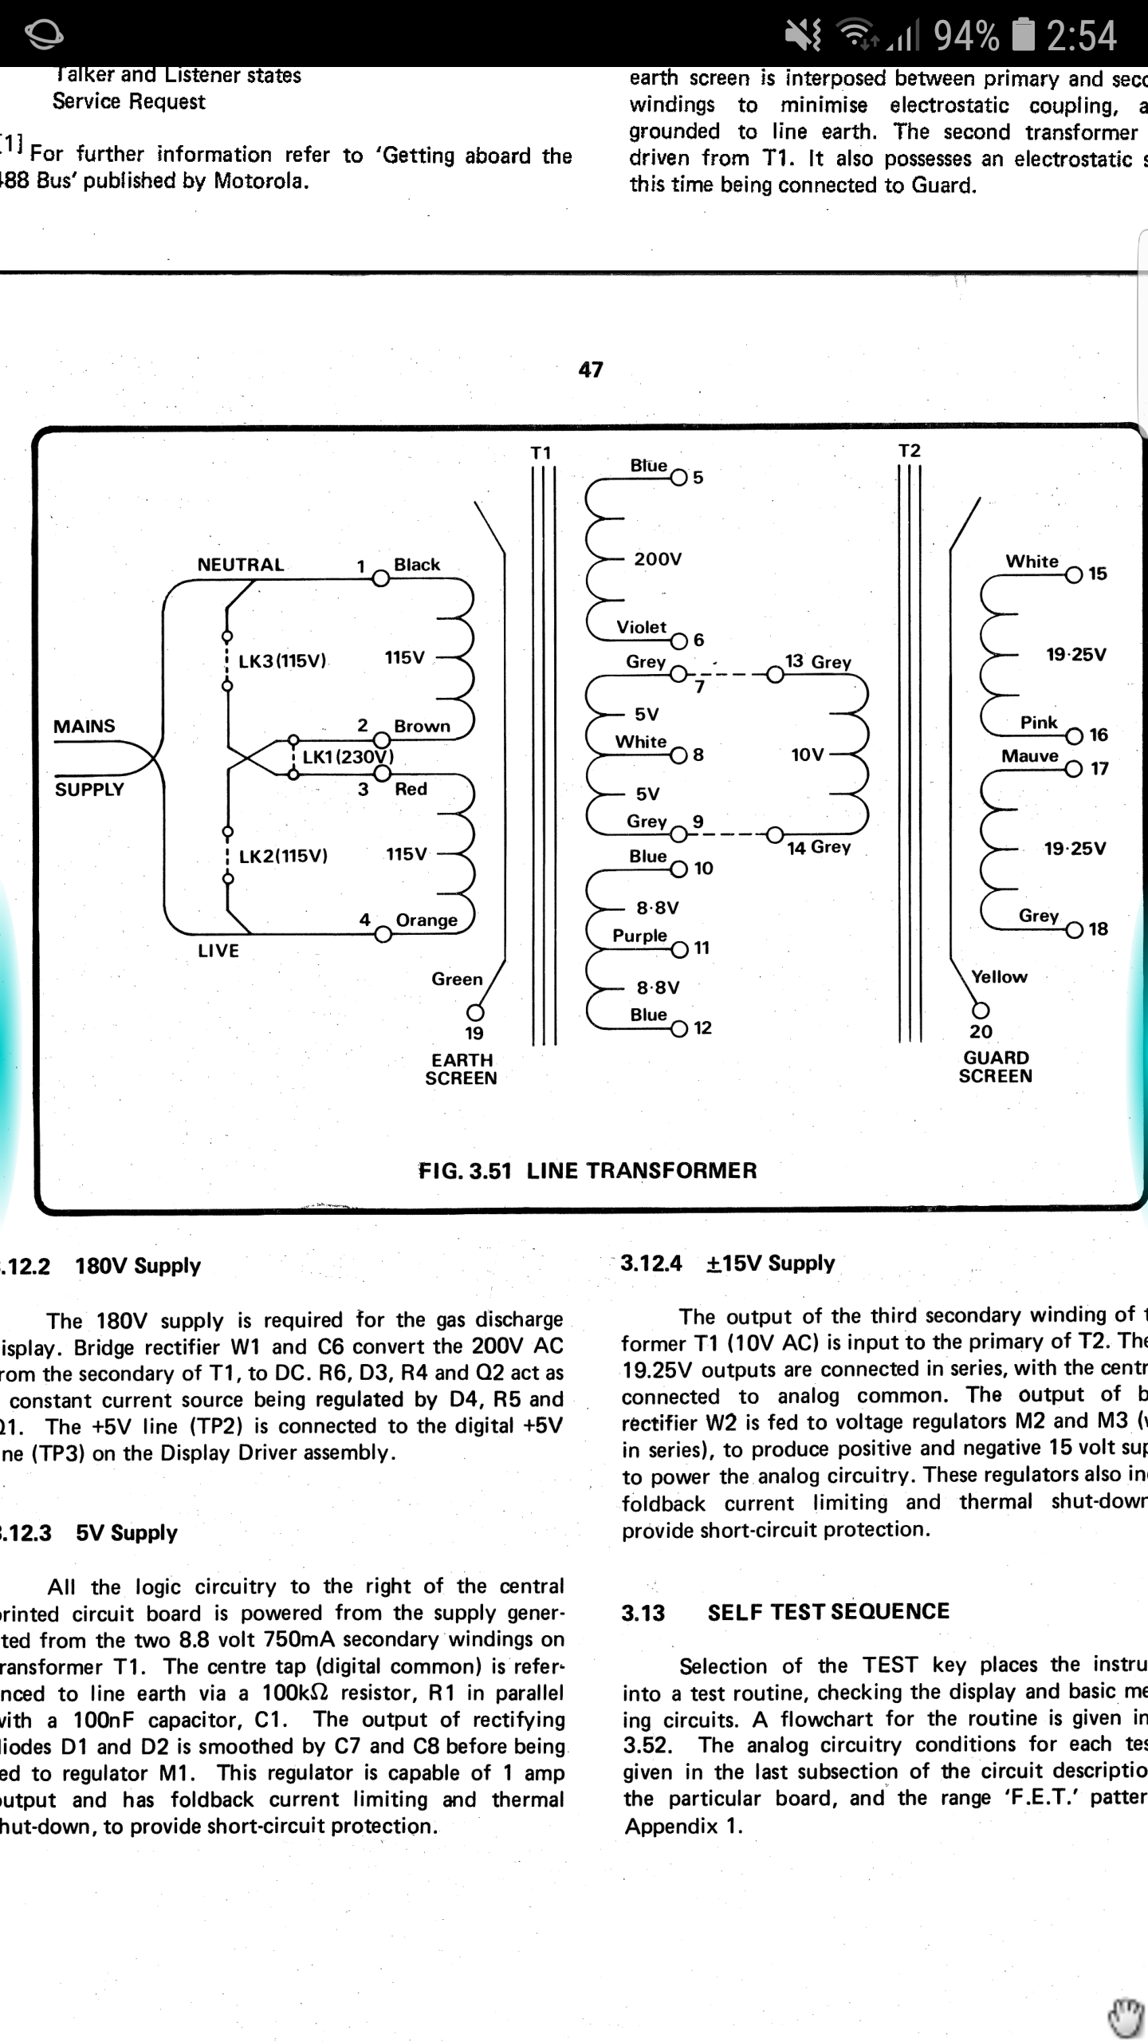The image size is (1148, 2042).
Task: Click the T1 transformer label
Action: click(541, 453)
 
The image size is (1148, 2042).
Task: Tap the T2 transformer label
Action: click(910, 451)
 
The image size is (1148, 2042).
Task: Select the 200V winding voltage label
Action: click(658, 559)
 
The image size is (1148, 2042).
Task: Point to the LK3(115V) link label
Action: click(282, 661)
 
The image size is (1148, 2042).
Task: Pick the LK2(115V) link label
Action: click(283, 856)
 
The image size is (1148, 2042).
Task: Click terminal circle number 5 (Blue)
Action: click(678, 478)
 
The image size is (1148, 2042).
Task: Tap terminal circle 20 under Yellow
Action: click(981, 1011)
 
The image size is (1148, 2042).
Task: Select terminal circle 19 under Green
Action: click(475, 1012)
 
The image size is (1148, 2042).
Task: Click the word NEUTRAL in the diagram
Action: click(240, 565)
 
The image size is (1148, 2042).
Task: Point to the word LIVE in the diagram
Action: click(218, 950)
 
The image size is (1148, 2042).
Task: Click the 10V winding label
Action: click(807, 755)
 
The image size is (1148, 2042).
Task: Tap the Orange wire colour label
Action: click(427, 920)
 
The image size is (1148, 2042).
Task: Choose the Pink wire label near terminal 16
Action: click(1039, 723)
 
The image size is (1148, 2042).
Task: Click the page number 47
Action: click(591, 369)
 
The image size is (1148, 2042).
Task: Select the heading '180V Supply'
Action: click(138, 1266)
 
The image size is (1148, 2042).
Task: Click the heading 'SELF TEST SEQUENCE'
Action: click(828, 1611)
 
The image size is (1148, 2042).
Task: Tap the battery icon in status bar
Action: click(1024, 35)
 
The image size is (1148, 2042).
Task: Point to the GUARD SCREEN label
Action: click(996, 1066)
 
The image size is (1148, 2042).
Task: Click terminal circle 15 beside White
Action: click(1074, 575)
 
